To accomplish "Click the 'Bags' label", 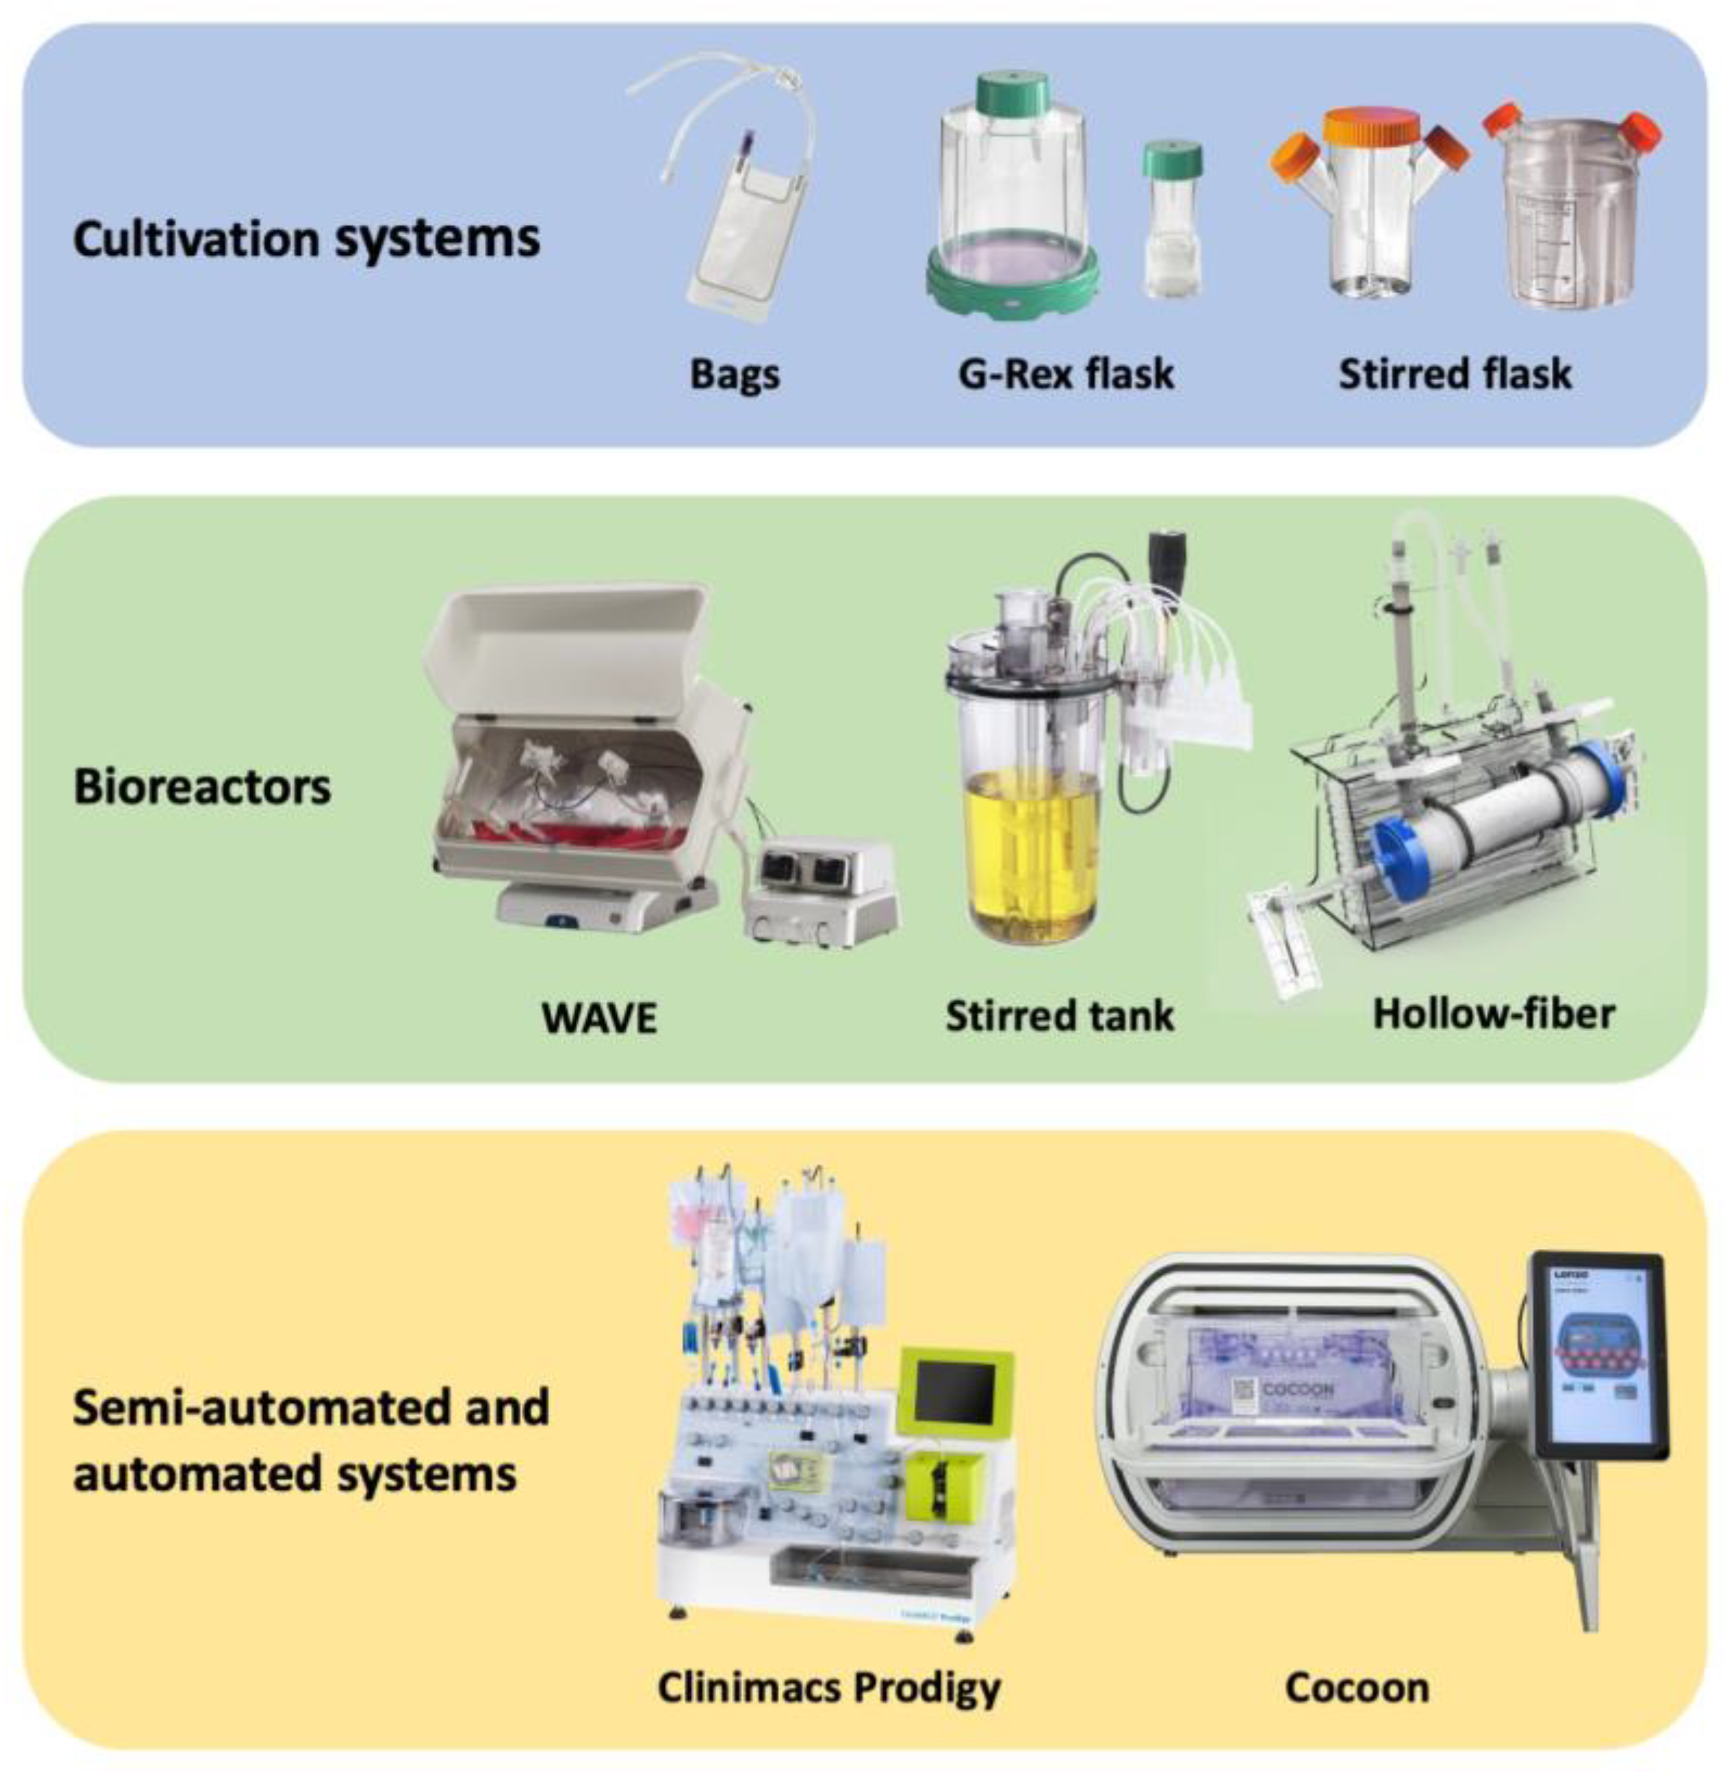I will coord(734,374).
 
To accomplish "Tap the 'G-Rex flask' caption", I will coord(1066,374).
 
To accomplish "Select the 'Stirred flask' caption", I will coord(1455,374).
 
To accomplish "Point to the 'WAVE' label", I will coord(600,1018).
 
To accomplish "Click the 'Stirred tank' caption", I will coord(1059,1015).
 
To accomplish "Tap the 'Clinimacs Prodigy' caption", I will coord(829,1687).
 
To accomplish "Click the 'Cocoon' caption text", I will coord(1357,1687).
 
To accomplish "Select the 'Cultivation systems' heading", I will coord(306,239).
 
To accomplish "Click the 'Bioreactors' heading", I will coord(202,786).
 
